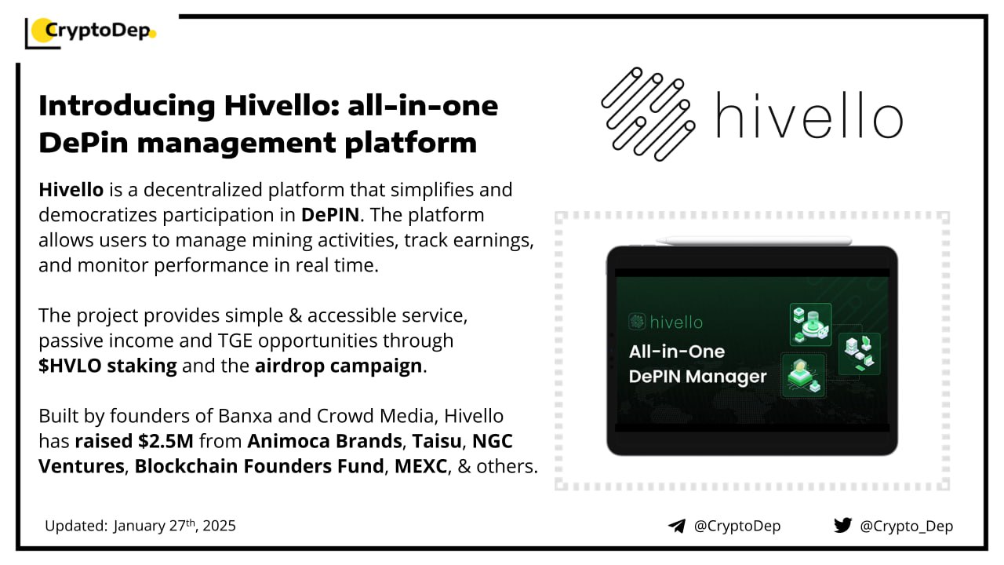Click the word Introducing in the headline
127,106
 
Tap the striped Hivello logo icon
648,114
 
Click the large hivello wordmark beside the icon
809,115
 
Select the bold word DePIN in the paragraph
330,215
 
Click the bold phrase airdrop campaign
338,366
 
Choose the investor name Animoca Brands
325,441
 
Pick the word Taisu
437,441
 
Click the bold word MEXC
421,466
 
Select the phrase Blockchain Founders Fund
259,466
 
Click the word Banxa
246,416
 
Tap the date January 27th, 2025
174,526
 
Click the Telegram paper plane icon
676,526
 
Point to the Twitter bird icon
842,525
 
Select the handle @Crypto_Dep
906,526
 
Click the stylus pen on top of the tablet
754,241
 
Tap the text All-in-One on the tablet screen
677,352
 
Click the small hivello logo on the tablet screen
666,322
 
